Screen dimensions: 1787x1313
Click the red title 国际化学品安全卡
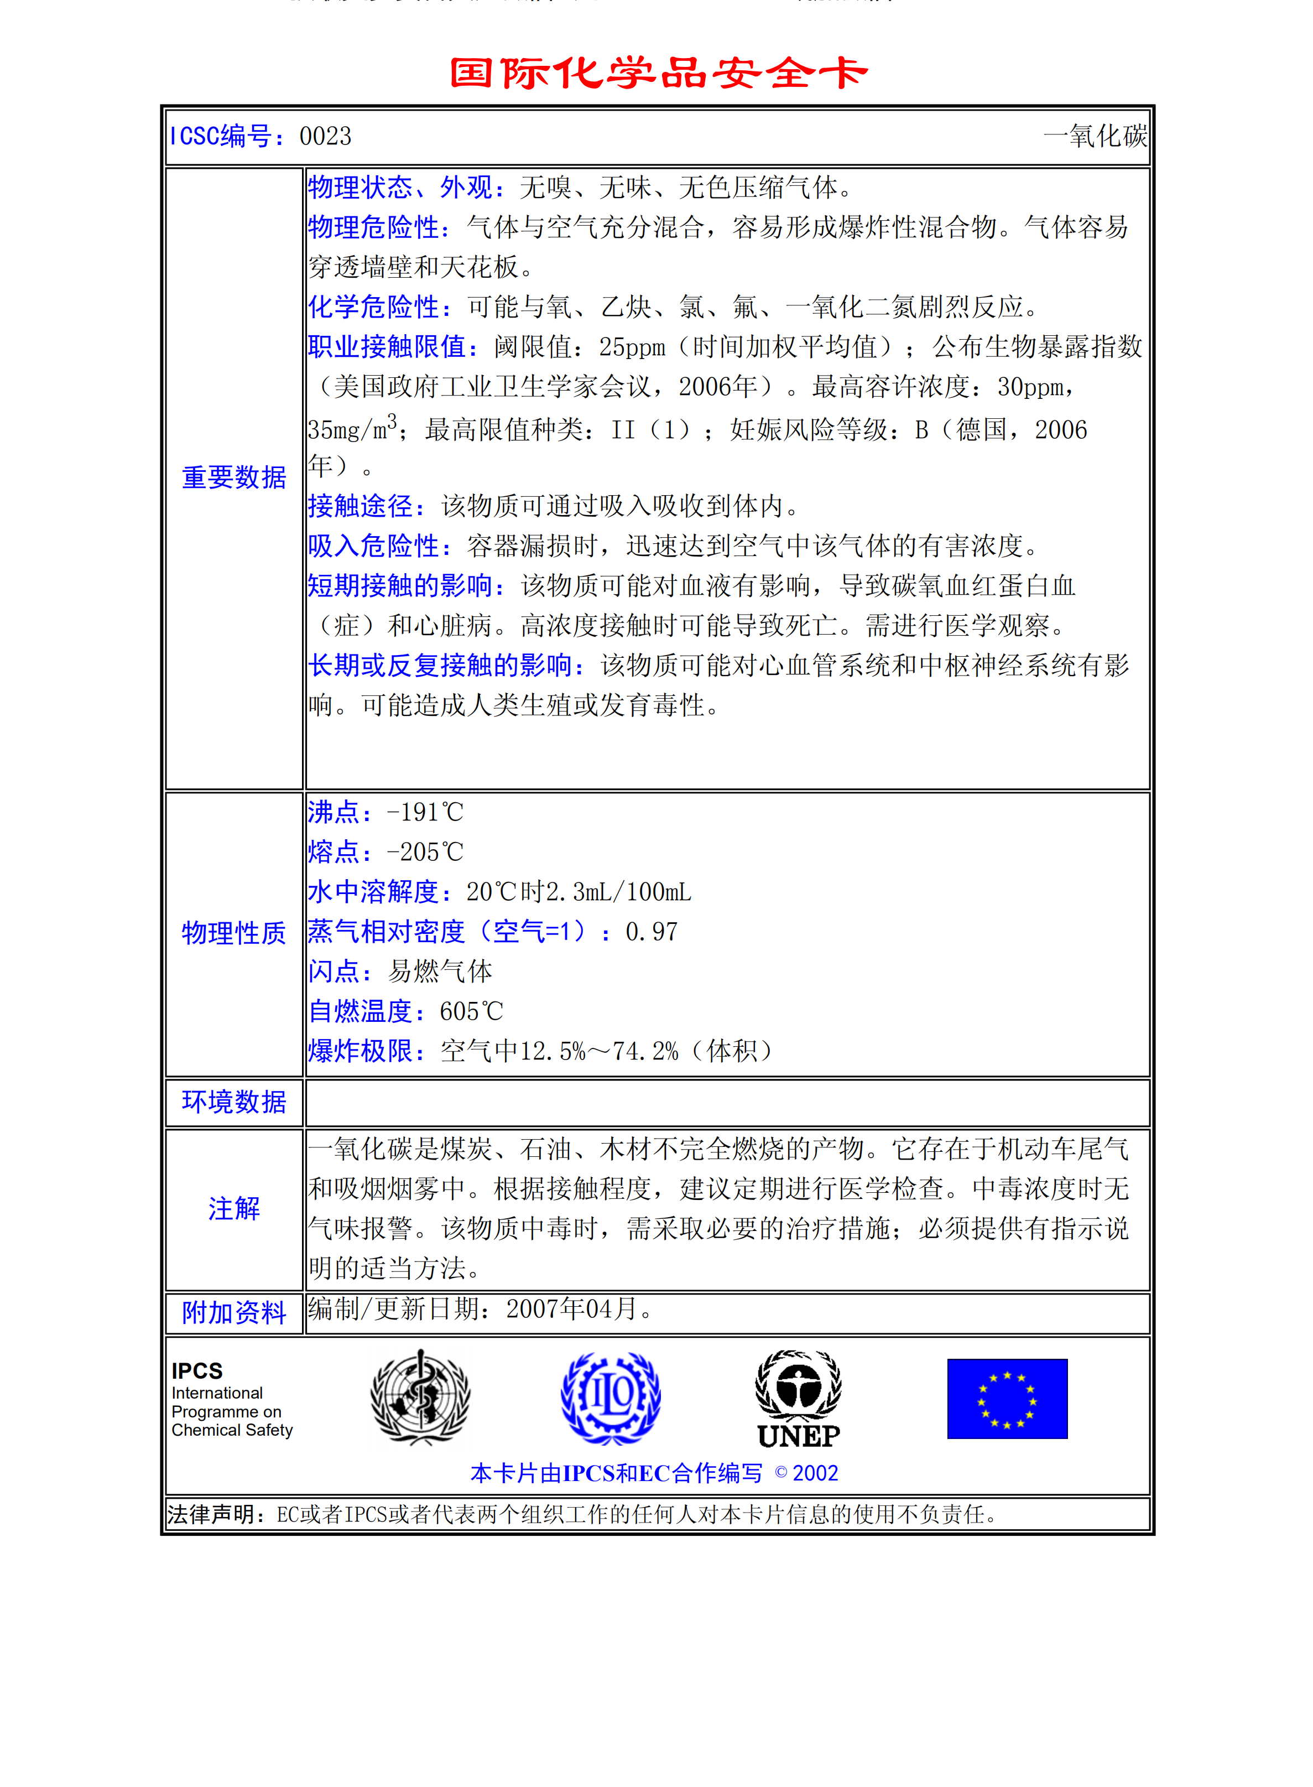658,73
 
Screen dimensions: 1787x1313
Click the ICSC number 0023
325,137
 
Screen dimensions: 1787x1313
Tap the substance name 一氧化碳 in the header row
1095,137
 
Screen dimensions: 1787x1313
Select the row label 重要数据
233,477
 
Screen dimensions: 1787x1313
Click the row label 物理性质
233,932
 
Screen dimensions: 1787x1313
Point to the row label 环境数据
233,1102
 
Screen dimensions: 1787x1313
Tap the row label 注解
233,1208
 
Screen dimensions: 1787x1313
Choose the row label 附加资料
233,1312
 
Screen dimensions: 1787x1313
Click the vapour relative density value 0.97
652,932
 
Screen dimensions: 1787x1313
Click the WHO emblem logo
420,1397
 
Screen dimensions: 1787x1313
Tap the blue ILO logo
611,1398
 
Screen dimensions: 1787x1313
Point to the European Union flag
1007,1398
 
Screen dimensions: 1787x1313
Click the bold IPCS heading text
197,1370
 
